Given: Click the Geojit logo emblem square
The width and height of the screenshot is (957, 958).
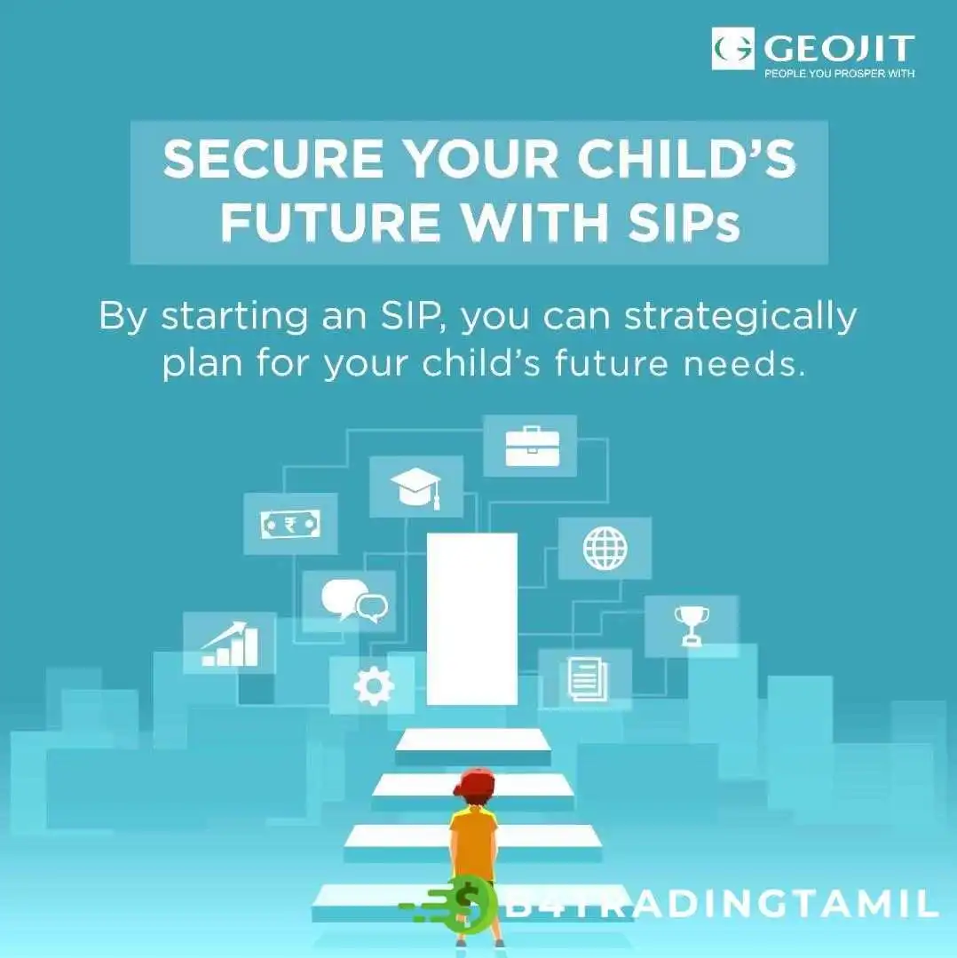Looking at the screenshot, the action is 733,48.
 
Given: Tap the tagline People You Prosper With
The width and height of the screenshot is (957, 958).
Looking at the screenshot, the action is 840,74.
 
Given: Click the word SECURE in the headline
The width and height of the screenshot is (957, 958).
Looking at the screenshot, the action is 273,159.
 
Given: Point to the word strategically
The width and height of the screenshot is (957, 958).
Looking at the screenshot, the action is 740,318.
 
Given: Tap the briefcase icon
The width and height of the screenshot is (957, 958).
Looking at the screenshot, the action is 533,447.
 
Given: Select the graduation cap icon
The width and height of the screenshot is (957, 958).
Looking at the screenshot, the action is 416,487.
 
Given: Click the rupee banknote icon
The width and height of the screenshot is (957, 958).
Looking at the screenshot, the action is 290,524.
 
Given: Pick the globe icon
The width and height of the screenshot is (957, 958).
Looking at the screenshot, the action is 605,548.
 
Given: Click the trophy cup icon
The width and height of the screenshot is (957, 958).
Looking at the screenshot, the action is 692,626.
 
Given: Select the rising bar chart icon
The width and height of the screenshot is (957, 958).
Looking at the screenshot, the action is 230,644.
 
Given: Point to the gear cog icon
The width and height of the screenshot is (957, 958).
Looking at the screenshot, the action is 374,685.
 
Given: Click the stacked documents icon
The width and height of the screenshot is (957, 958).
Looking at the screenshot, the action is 588,678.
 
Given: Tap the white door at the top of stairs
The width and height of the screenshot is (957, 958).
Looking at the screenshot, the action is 472,619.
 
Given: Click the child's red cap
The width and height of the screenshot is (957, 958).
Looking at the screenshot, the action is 474,783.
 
